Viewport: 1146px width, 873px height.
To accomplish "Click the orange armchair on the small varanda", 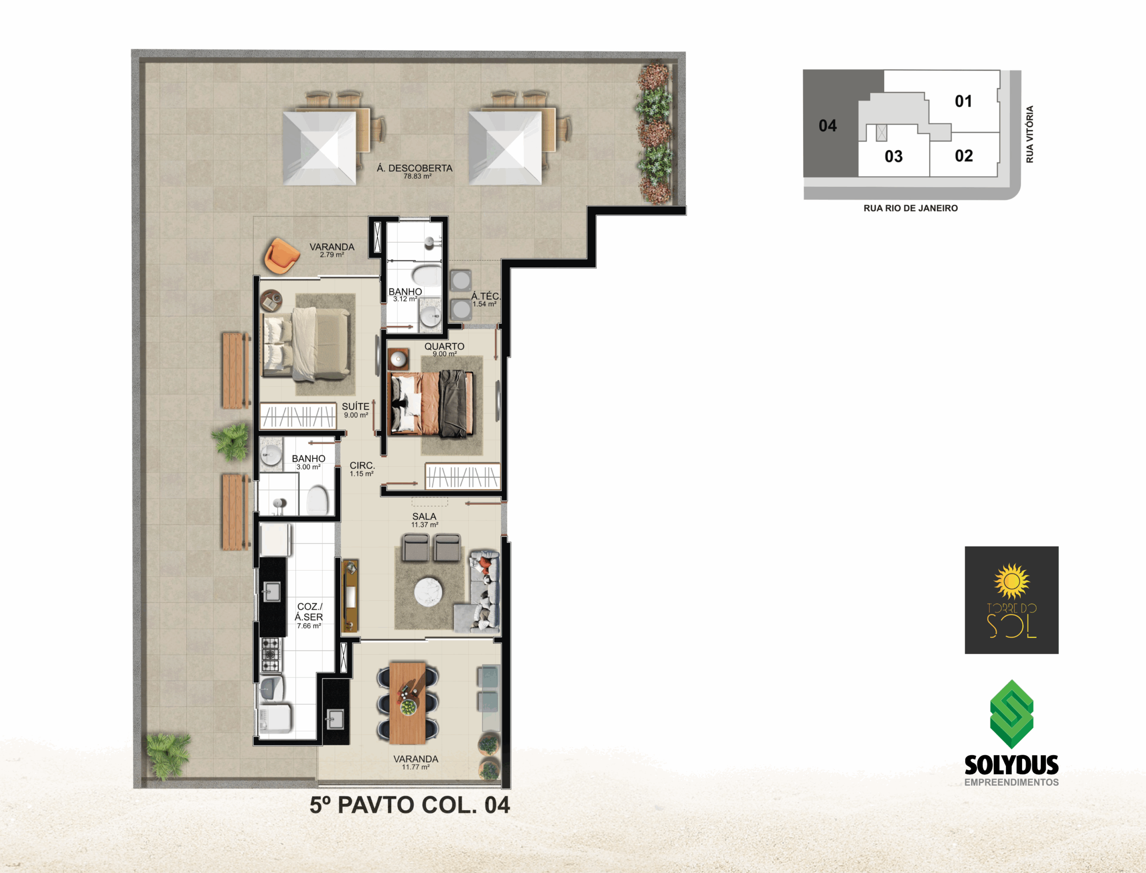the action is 282,255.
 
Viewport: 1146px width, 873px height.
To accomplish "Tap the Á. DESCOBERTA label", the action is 415,168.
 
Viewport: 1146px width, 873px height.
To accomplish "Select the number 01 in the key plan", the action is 963,101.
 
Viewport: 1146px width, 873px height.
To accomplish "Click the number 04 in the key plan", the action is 828,125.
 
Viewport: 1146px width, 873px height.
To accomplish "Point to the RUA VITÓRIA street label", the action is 1030,134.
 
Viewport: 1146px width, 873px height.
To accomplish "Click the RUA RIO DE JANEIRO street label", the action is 911,208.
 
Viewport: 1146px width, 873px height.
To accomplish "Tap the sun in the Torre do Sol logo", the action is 1011,581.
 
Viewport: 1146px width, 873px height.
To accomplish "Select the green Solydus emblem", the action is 1012,714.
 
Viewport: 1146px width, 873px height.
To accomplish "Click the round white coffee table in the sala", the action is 429,591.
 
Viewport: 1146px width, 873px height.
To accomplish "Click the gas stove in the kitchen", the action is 270,654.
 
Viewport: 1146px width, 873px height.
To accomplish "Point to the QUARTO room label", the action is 444,346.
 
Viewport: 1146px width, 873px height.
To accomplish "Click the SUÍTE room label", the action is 356,406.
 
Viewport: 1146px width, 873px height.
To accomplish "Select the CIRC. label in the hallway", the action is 362,465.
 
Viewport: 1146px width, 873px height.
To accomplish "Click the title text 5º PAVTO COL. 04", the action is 410,805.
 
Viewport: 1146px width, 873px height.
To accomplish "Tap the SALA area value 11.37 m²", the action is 425,525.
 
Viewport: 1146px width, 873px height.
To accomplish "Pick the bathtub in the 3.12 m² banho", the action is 427,276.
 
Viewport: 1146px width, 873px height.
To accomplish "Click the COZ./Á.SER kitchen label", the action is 309,611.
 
